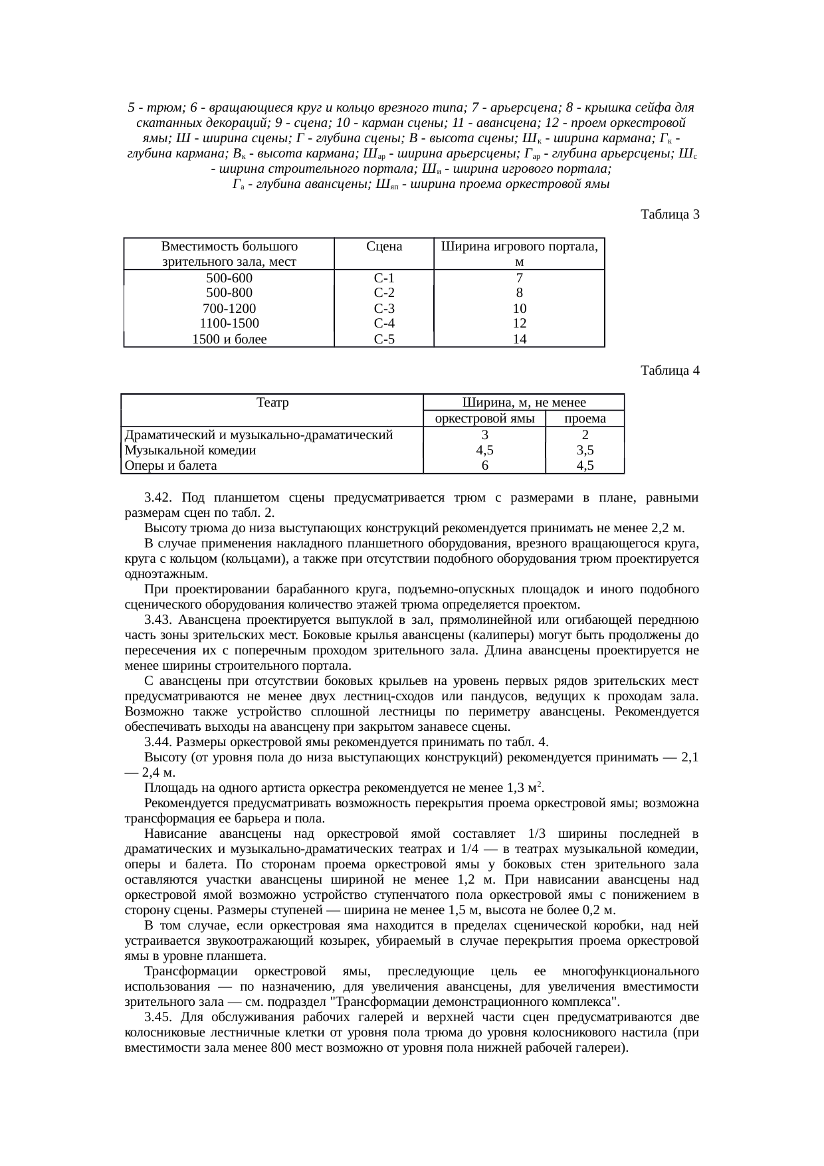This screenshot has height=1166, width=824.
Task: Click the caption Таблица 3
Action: [x=670, y=215]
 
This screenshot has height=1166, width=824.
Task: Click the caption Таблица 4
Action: [x=670, y=370]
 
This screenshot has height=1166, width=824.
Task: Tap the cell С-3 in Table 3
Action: [x=384, y=308]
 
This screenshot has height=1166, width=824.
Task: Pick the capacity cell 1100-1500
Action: [x=229, y=324]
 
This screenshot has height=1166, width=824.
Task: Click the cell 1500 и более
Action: [x=229, y=340]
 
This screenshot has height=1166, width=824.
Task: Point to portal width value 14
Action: [x=519, y=340]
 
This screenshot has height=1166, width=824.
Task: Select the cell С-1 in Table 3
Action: [x=384, y=278]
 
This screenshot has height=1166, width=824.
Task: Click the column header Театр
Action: [x=272, y=402]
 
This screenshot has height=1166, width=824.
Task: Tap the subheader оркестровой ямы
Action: [x=484, y=419]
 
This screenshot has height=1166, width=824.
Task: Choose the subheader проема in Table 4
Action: [x=585, y=419]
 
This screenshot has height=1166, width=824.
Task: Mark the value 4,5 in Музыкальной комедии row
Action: [x=485, y=450]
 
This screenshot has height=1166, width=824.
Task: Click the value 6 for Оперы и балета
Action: [x=485, y=466]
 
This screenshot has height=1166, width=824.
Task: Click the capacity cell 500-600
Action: [x=229, y=278]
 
